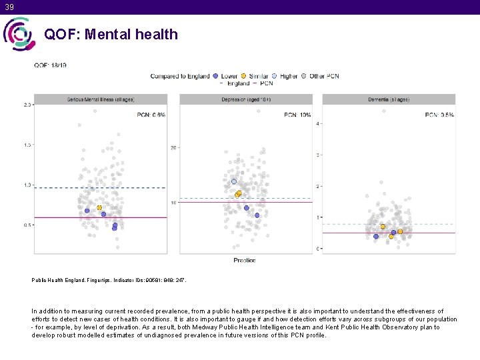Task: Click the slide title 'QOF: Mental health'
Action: [111, 34]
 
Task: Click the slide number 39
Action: [8, 7]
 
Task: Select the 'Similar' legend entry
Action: [256, 76]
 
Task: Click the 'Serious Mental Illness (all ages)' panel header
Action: [100, 99]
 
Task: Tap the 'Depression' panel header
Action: [245, 99]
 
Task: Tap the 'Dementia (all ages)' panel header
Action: [388, 99]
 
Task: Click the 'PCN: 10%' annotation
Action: [297, 115]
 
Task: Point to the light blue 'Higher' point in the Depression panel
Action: [234, 181]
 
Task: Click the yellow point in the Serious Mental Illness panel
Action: [100, 208]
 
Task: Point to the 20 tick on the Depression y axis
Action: [173, 147]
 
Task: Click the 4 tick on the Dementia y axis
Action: [318, 124]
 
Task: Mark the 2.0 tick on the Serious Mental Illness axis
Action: [27, 105]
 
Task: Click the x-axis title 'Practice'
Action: [244, 260]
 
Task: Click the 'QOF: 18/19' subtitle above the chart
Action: [50, 65]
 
